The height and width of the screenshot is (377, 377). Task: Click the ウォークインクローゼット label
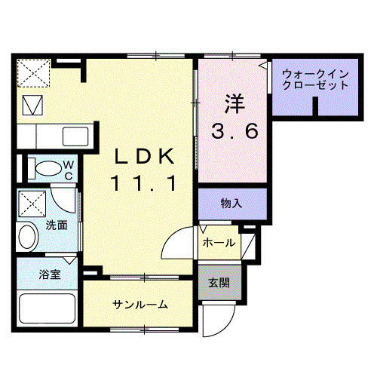pos(315,79)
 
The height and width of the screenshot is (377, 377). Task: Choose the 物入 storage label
pos(231,204)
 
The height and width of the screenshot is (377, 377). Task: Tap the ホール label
pos(219,243)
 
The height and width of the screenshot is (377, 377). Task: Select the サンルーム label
pos(140,305)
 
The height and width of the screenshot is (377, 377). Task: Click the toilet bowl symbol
pos(45,167)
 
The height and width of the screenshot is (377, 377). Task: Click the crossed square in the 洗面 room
pos(31,203)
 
